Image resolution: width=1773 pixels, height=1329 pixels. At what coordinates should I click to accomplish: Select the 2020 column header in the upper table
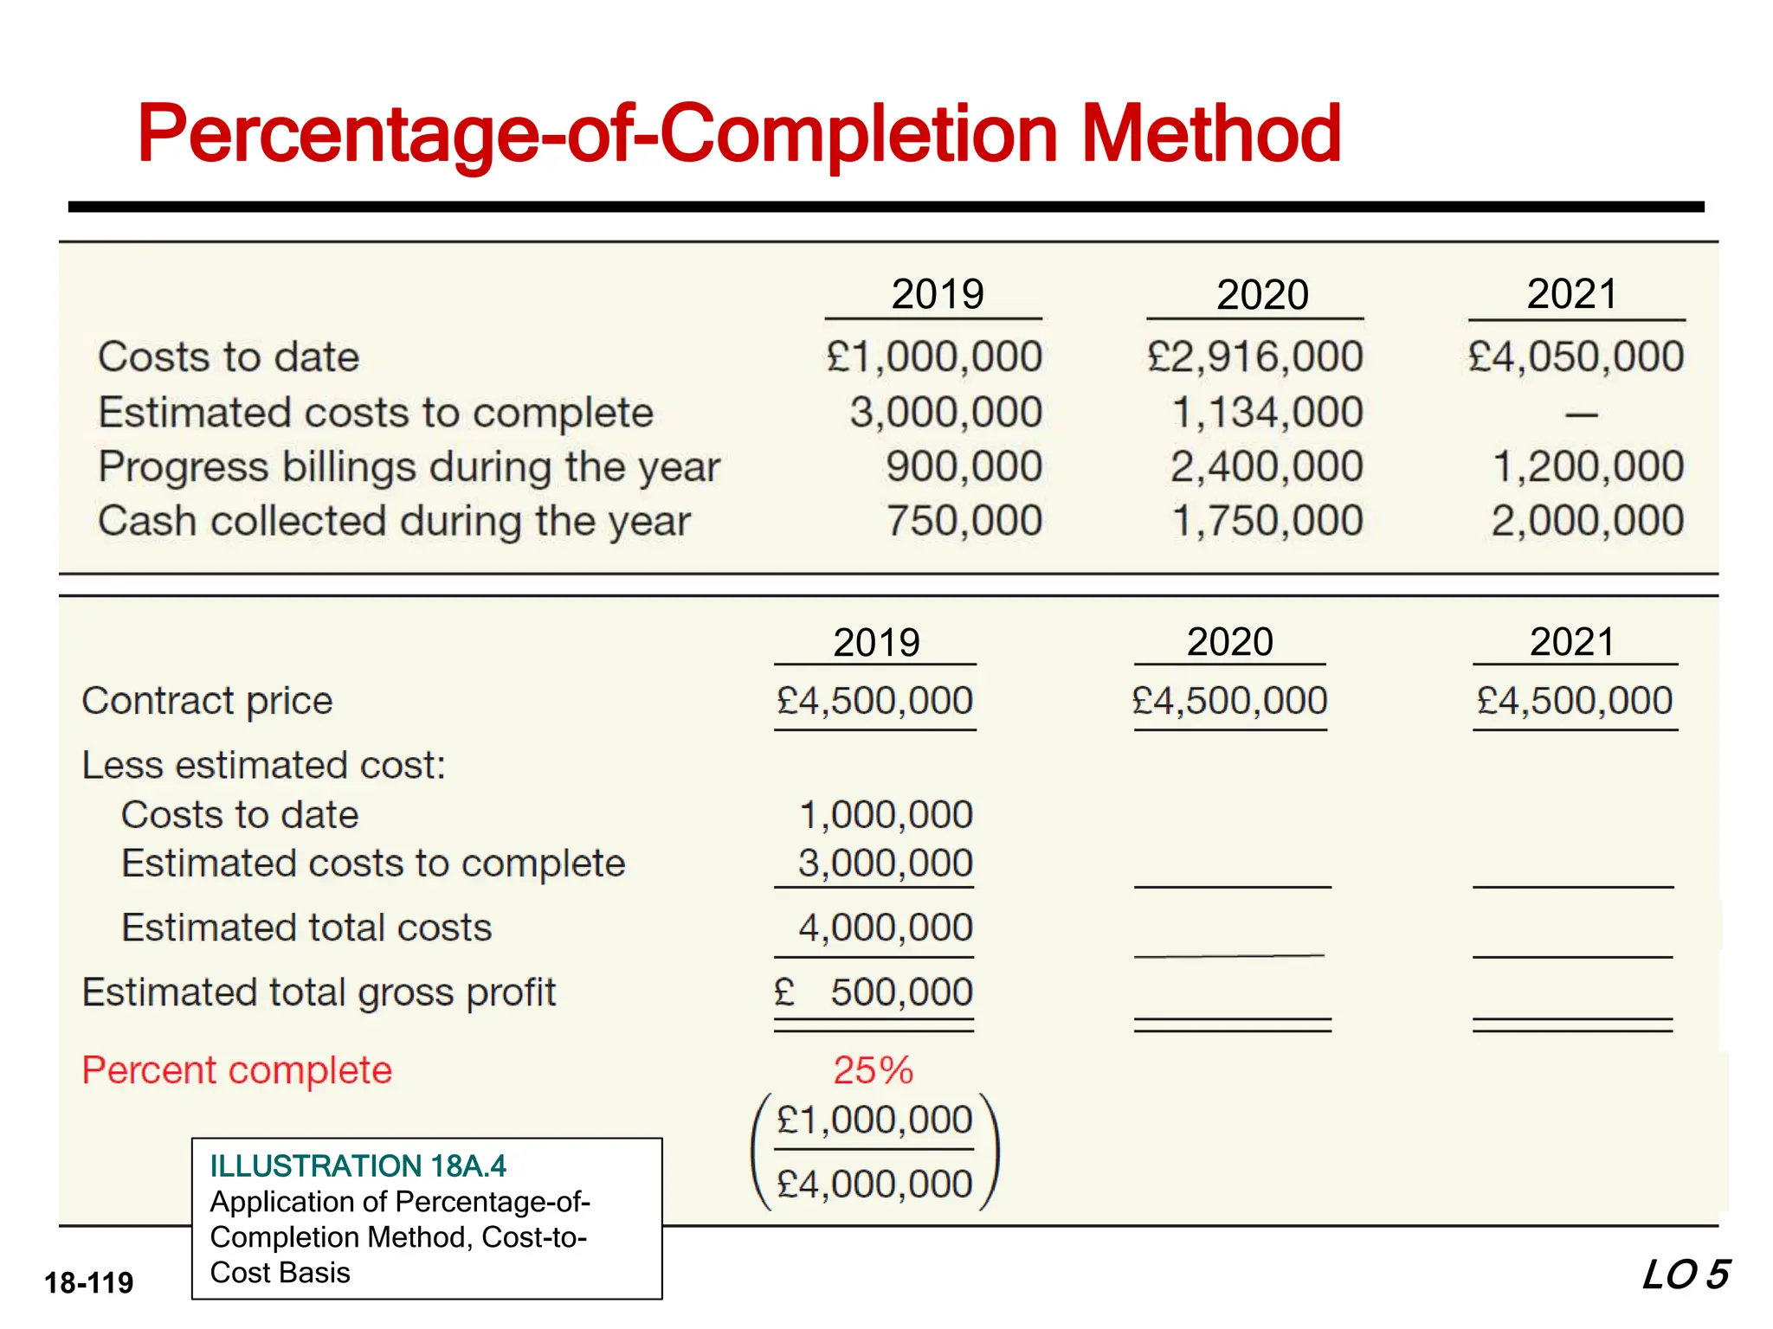click(x=1261, y=295)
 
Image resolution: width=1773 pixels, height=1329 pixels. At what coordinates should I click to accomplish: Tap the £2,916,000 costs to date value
click(x=1255, y=356)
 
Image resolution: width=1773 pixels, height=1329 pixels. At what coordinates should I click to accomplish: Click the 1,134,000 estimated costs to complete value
click(x=1267, y=412)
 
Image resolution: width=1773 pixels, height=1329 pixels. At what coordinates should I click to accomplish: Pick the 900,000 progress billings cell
click(x=964, y=466)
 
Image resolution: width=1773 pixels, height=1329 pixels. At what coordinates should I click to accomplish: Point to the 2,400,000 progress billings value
click(x=1267, y=466)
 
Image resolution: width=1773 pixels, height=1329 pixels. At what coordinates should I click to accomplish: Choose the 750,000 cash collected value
click(x=964, y=521)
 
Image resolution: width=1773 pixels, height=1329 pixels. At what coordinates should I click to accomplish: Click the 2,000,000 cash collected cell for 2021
click(x=1587, y=521)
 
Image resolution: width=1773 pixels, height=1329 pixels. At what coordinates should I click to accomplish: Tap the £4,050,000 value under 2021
click(x=1576, y=356)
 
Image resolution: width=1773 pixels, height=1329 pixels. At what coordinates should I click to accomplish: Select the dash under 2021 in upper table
click(x=1581, y=415)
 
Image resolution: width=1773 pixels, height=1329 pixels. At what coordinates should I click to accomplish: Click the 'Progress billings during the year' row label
click(x=409, y=467)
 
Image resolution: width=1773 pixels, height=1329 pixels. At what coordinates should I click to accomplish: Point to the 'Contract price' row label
click(x=207, y=701)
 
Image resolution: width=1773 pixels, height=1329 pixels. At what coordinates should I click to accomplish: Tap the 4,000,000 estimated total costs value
click(x=885, y=928)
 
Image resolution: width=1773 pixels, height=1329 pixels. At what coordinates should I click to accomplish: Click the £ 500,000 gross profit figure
click(x=874, y=992)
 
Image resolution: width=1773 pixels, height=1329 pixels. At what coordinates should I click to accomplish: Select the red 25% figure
click(x=873, y=1070)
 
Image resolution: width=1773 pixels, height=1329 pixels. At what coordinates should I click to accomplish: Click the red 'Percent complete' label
click(x=236, y=1070)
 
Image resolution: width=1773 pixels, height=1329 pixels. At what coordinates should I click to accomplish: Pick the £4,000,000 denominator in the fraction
click(x=874, y=1184)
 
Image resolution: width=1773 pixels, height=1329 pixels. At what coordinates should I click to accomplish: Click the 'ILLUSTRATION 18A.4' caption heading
click(x=358, y=1166)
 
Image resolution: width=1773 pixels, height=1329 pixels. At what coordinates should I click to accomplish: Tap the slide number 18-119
click(x=89, y=1282)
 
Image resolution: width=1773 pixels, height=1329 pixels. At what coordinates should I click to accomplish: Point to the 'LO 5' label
click(x=1686, y=1275)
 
